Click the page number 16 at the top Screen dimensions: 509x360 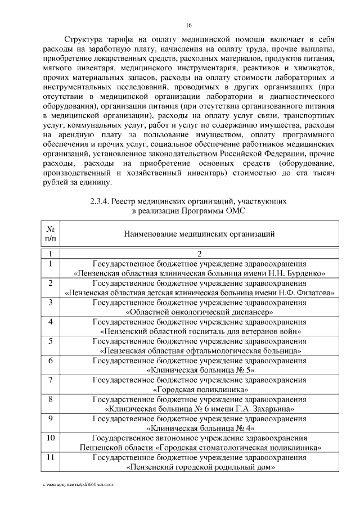coord(189,25)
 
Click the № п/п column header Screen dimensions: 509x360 coord(51,233)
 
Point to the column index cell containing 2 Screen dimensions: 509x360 coord(199,254)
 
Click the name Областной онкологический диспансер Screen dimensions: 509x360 coord(200,312)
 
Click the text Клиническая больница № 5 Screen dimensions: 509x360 coord(200,370)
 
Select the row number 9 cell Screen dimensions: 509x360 coord(51,418)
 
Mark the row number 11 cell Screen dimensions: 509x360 coord(51,457)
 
